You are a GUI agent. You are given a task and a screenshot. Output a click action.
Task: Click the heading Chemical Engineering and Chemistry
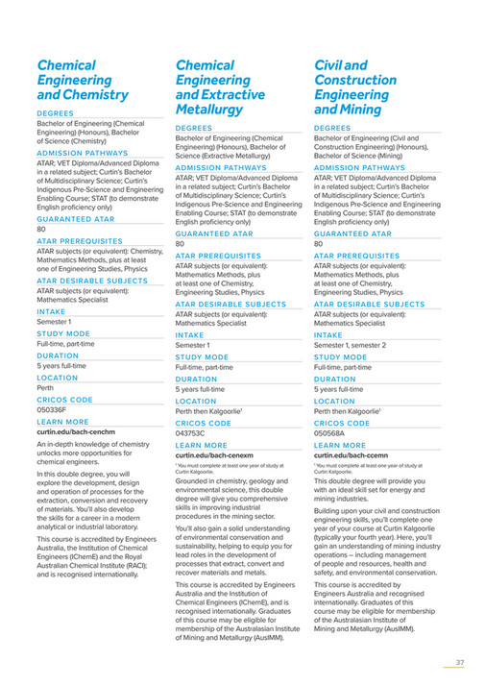coord(83,81)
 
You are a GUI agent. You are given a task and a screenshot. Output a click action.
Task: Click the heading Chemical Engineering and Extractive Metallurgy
coord(221,88)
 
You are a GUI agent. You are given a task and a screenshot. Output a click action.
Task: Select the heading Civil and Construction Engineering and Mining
coord(360,88)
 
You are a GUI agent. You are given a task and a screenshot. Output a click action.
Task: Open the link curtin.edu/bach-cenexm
coord(214,455)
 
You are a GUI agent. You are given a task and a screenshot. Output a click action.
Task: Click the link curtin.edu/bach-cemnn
coord(352,455)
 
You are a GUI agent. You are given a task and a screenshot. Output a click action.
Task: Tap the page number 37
coord(460,662)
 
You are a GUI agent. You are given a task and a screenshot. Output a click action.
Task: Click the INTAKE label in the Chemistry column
coord(52,311)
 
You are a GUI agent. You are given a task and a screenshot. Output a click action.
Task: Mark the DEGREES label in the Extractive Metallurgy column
coord(194,127)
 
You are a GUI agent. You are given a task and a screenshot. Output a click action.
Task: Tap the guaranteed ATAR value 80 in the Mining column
coord(319,243)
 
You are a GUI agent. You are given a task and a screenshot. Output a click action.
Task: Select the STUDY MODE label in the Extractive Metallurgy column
coord(201,356)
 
